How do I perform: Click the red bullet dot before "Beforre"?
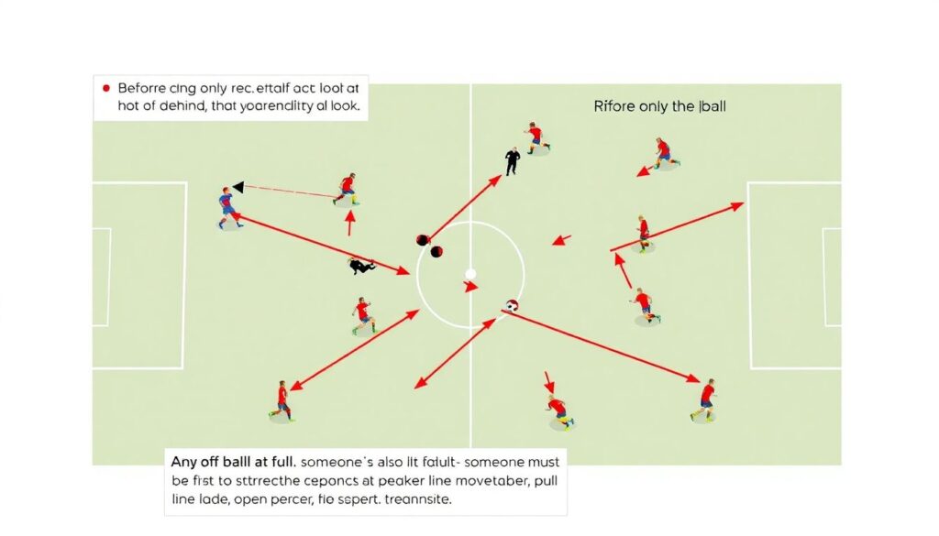(x=105, y=88)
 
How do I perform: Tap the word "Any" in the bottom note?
(x=186, y=458)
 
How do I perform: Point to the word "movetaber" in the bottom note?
(x=480, y=479)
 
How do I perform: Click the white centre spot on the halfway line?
(x=470, y=273)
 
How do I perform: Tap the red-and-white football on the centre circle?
(x=512, y=307)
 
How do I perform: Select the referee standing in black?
(x=513, y=161)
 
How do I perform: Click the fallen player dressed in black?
(x=360, y=267)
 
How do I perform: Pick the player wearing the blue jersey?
(x=227, y=207)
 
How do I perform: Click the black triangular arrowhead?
(x=238, y=187)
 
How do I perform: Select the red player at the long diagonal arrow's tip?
(x=706, y=399)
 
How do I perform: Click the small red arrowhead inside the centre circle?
(x=471, y=288)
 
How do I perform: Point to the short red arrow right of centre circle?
(x=561, y=241)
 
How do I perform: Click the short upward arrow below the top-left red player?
(x=349, y=223)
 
